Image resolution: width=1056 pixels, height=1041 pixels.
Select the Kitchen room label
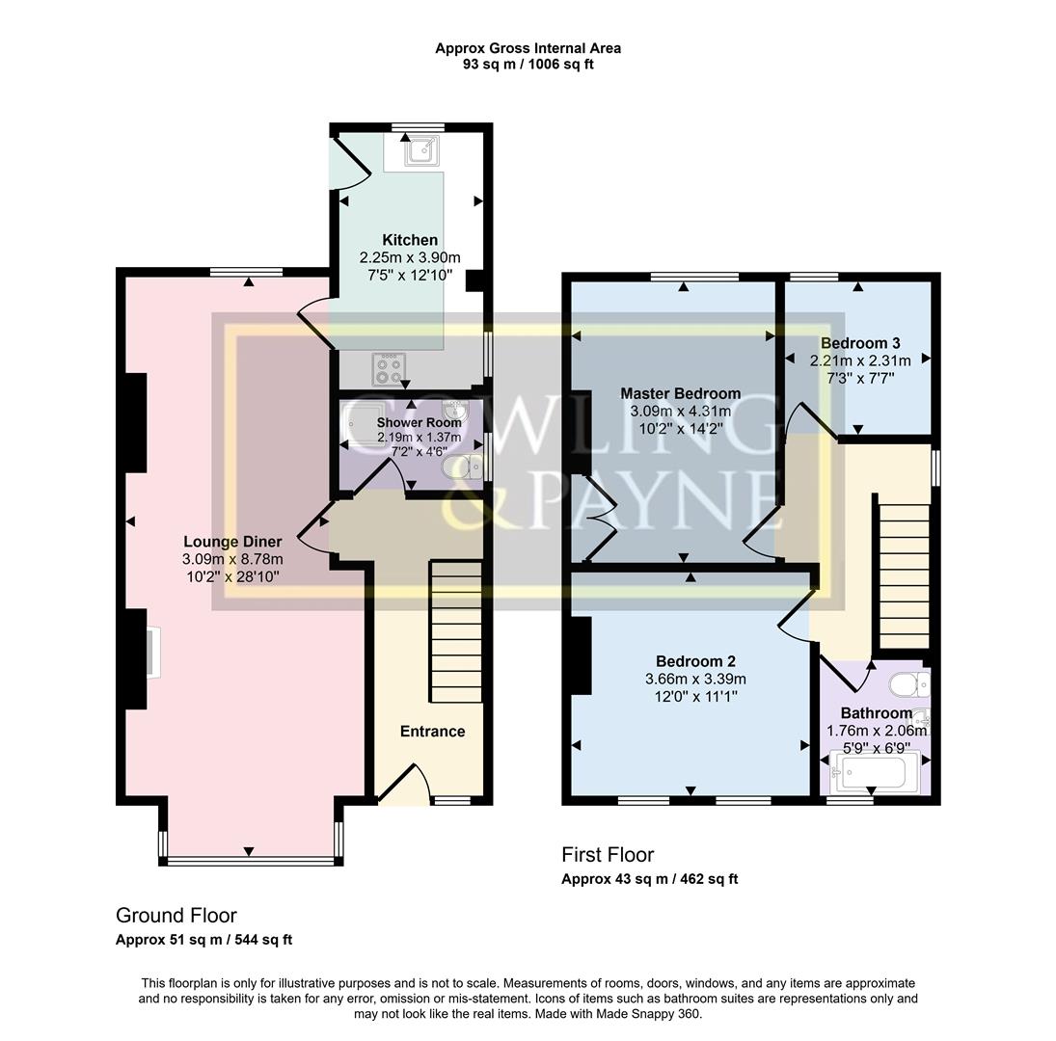[410, 240]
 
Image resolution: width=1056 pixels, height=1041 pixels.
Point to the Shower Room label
[405, 422]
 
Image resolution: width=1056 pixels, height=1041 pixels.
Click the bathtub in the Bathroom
[874, 772]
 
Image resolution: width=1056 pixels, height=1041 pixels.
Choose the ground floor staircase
[455, 632]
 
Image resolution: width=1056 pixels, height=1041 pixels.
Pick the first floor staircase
[905, 572]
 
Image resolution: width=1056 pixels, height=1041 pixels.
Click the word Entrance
[432, 732]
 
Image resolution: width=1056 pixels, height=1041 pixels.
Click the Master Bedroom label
[680, 393]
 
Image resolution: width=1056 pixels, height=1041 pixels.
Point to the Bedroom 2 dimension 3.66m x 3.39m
[695, 679]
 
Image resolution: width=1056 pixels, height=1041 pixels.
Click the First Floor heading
[608, 855]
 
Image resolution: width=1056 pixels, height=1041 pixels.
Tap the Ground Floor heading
[176, 916]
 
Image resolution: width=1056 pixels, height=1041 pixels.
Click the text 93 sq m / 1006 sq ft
[527, 65]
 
